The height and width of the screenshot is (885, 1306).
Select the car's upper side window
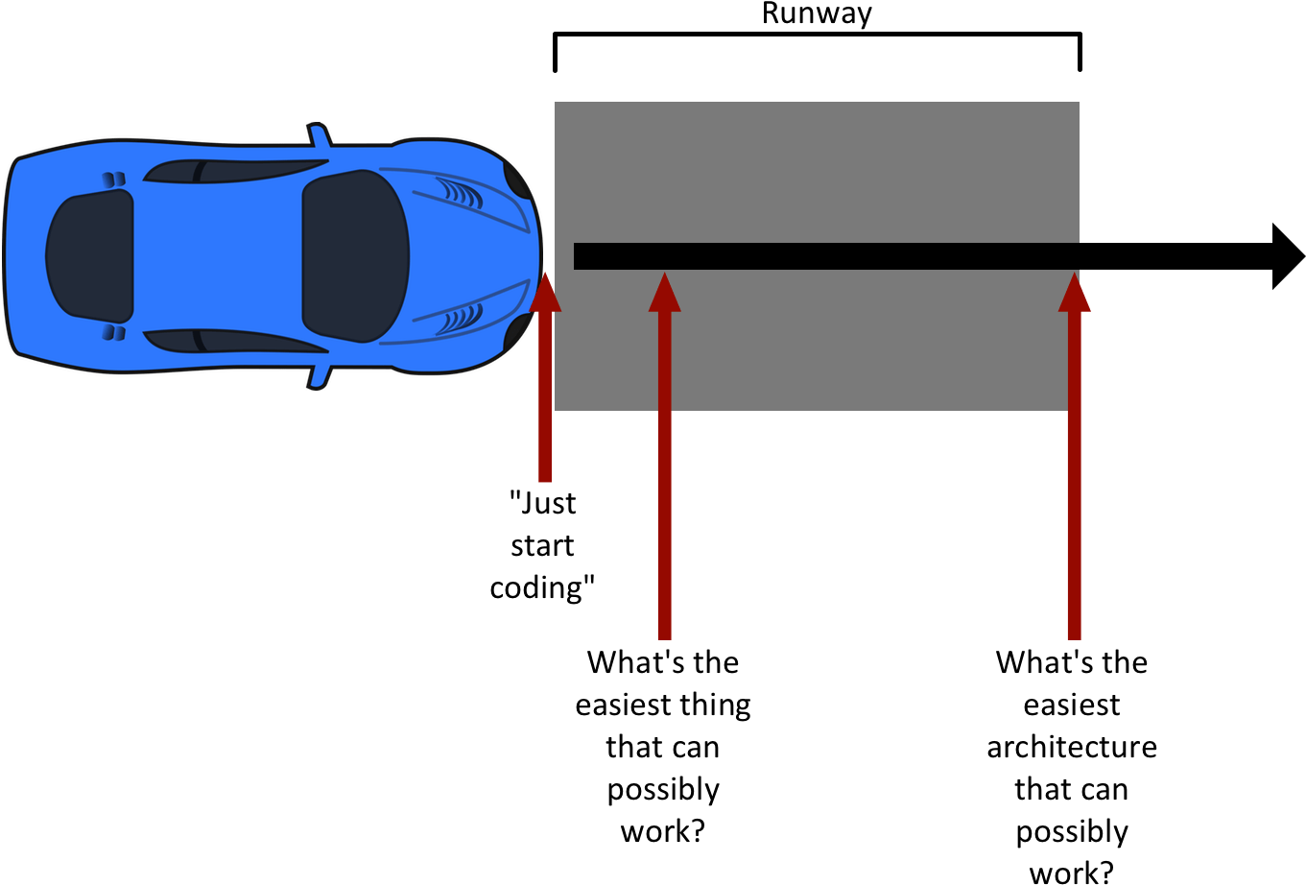click(x=235, y=171)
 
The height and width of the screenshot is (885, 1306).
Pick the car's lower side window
click(x=235, y=341)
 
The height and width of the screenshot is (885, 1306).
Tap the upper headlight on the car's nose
click(x=517, y=180)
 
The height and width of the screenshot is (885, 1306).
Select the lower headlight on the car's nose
click(x=517, y=332)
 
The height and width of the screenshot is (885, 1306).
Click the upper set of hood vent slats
click(x=461, y=193)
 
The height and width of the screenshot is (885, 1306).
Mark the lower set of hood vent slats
click(x=461, y=319)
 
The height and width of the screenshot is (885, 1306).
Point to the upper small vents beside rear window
click(x=114, y=179)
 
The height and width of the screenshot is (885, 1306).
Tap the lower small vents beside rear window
click(x=114, y=332)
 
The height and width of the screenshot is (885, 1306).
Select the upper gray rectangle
click(x=817, y=172)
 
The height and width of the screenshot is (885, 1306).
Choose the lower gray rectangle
click(x=817, y=340)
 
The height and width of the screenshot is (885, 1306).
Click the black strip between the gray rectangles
click(x=826, y=256)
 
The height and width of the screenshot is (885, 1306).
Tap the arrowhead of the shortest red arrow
click(x=545, y=295)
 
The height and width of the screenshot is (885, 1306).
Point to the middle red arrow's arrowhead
click(x=664, y=295)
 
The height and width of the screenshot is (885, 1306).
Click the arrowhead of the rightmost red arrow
click(x=1075, y=295)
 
